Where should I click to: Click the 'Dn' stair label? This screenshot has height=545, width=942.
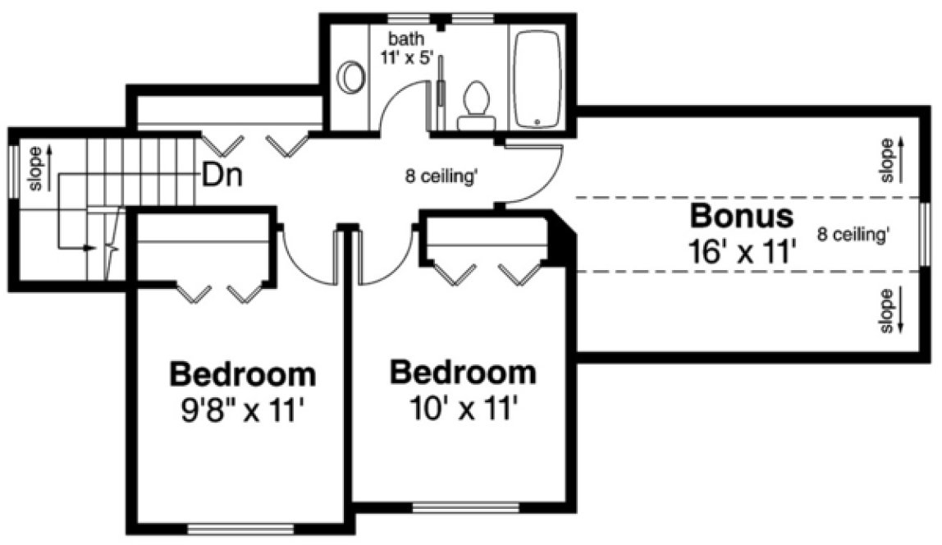tap(222, 175)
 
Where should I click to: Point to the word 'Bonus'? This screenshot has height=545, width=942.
tap(742, 217)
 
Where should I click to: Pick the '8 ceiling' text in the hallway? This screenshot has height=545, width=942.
tap(441, 176)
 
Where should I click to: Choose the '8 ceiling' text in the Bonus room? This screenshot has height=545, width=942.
tap(853, 234)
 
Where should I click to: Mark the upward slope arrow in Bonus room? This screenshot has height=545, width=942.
tap(900, 159)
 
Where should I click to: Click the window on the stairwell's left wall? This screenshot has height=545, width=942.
tap(13, 170)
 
